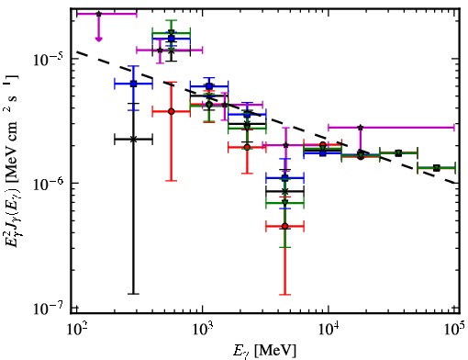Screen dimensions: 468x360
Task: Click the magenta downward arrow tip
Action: (x=98, y=40)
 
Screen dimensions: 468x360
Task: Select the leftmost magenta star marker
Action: (x=98, y=14)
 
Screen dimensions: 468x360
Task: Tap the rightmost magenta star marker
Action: (x=361, y=127)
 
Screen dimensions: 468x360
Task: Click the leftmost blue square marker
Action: (x=133, y=84)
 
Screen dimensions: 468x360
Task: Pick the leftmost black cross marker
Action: (x=133, y=140)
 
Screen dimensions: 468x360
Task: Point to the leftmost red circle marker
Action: (x=172, y=111)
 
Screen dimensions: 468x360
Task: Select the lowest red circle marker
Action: (x=284, y=227)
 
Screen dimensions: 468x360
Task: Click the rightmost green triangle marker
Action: (x=437, y=168)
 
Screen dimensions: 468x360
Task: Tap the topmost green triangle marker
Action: (x=172, y=32)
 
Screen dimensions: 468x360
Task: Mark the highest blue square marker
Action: (x=172, y=39)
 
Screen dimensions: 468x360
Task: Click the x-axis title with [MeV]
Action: (x=264, y=351)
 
